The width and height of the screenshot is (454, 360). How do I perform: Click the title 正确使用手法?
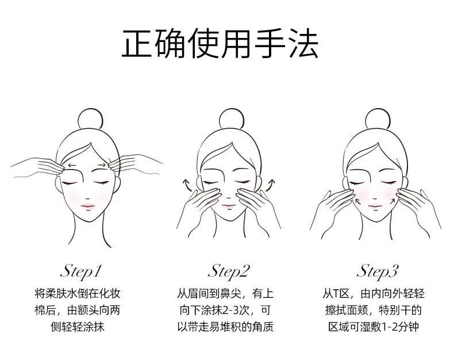[x=220, y=44]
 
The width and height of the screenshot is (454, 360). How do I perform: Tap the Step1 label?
[x=82, y=271]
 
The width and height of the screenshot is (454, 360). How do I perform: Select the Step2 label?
[x=229, y=271]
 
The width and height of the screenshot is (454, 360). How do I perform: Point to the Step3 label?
[x=377, y=271]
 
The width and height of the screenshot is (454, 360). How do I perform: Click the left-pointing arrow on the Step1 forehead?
[x=72, y=166]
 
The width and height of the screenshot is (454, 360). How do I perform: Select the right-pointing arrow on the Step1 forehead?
[x=102, y=165]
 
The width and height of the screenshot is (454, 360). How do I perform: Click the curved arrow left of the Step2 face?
[x=187, y=185]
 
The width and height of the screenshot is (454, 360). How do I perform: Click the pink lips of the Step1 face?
[x=88, y=206]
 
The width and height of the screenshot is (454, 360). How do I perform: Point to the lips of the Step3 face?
[x=375, y=206]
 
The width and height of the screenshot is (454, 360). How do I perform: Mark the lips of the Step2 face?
[x=229, y=206]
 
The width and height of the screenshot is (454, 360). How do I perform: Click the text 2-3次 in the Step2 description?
[x=236, y=311]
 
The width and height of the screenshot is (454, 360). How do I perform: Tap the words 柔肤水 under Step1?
[x=61, y=294]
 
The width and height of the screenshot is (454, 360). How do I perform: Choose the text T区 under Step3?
[x=340, y=294]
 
